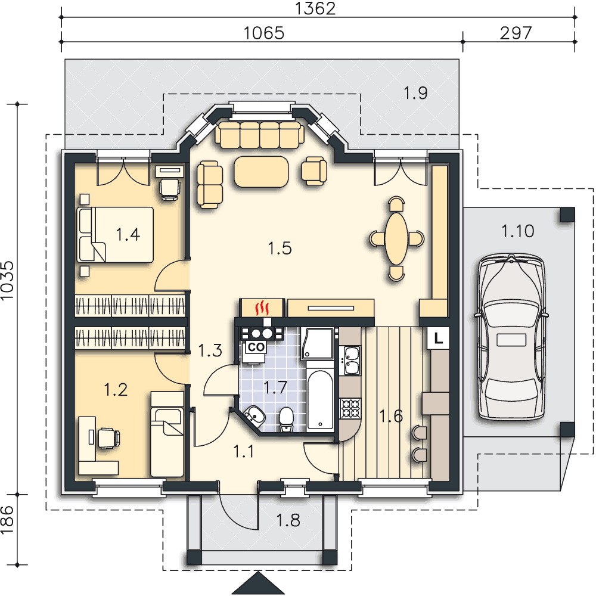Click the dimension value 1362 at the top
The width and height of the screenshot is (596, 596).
pos(315,8)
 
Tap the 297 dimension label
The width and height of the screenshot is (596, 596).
pos(516,33)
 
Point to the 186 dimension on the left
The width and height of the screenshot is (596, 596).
pos(7,520)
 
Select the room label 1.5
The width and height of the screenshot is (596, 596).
pos(280,248)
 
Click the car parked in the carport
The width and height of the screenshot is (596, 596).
pos(511,337)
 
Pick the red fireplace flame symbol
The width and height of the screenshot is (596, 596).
pos(262,308)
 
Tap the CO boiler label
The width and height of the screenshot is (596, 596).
pos(256,347)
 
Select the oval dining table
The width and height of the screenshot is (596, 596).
pos(396,239)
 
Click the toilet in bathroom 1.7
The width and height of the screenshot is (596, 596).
pos(286,420)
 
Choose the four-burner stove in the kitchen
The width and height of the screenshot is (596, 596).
pos(350,408)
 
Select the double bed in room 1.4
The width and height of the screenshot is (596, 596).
pos(115,235)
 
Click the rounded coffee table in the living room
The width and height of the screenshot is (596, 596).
pos(261,172)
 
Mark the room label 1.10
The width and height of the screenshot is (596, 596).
pos(518,231)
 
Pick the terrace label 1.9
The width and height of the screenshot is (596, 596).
pos(415,93)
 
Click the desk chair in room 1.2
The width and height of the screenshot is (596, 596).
pos(108,437)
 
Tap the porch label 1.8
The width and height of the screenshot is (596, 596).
pos(288,520)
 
